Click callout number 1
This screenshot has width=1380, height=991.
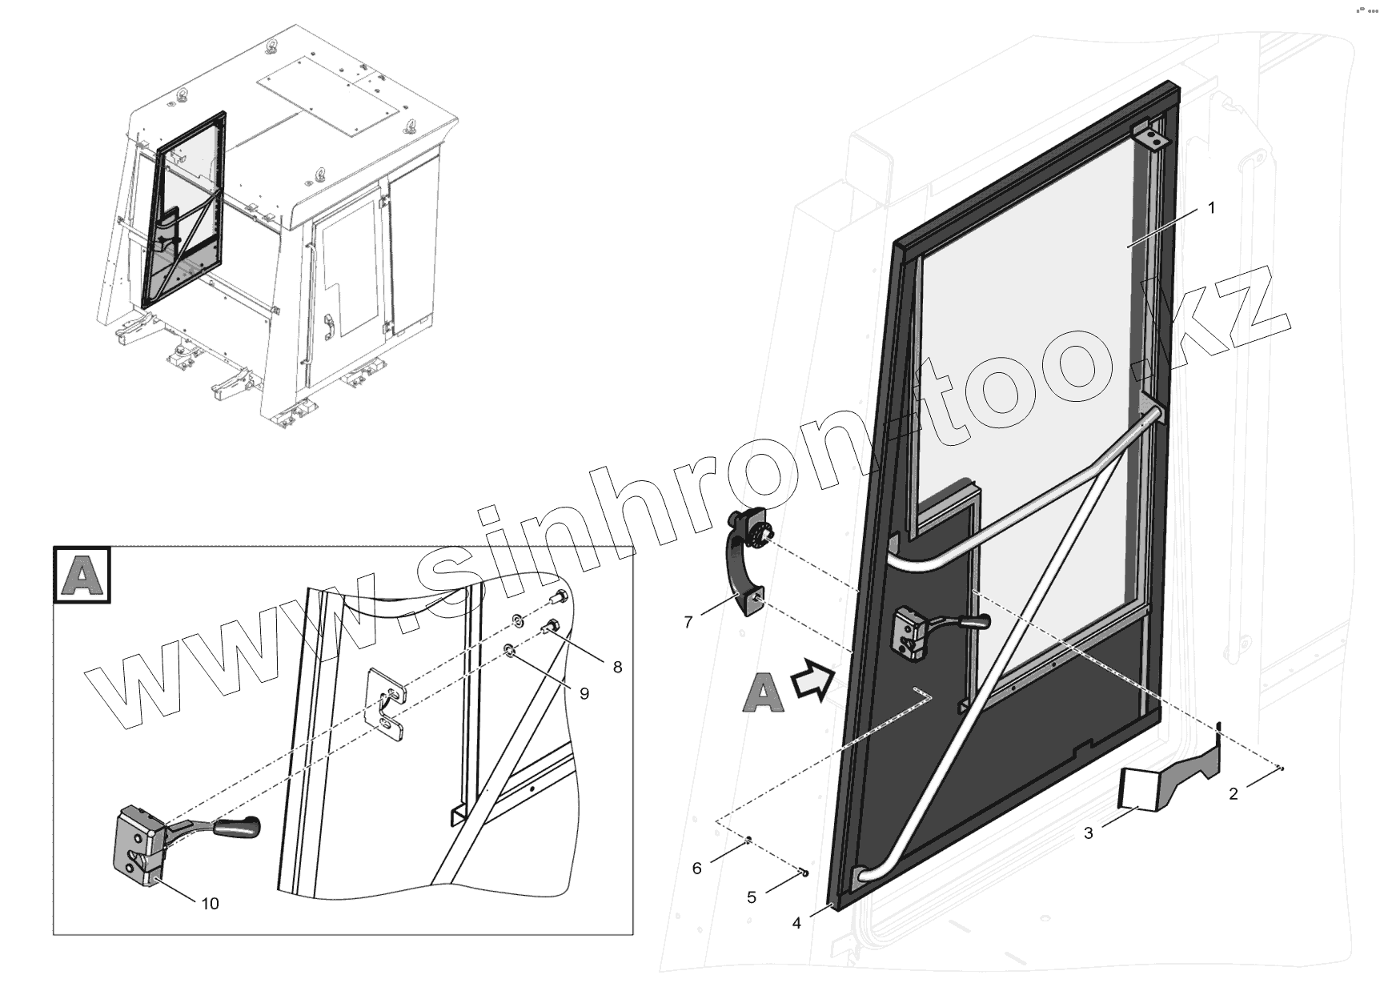pyautogui.click(x=1211, y=208)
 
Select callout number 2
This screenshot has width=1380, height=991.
pyautogui.click(x=1234, y=794)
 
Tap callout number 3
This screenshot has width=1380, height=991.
pyautogui.click(x=1089, y=833)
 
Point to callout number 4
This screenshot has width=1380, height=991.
pyautogui.click(x=796, y=923)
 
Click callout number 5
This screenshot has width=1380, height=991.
pyautogui.click(x=751, y=897)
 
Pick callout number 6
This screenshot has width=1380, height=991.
pyautogui.click(x=697, y=869)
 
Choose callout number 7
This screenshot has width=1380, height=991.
pyautogui.click(x=688, y=621)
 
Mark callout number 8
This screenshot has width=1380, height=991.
pyautogui.click(x=617, y=667)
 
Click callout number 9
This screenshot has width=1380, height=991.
pyautogui.click(x=584, y=693)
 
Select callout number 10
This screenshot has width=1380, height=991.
pyautogui.click(x=210, y=904)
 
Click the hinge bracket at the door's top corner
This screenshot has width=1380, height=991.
pyautogui.click(x=1151, y=138)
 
